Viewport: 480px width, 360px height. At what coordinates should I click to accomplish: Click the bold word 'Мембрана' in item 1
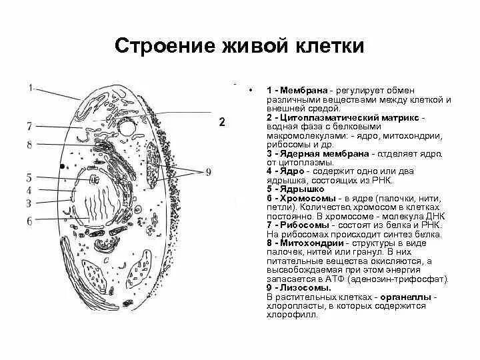[303, 89]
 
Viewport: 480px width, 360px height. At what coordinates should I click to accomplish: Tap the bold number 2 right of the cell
[223, 122]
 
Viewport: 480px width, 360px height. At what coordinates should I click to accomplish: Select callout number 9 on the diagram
[209, 172]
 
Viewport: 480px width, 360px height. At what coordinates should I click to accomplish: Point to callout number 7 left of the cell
[29, 126]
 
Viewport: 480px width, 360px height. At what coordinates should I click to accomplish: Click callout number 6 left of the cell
[29, 221]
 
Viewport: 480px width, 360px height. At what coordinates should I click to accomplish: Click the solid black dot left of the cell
[63, 165]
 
